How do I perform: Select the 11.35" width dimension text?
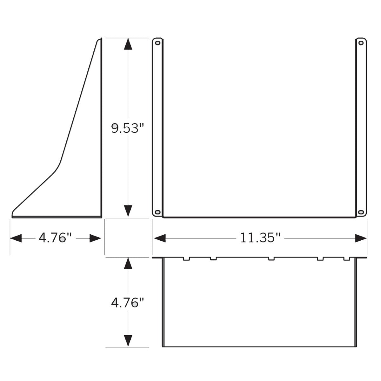[260, 238]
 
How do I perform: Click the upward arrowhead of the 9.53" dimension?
[128, 44]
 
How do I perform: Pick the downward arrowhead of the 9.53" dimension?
[128, 211]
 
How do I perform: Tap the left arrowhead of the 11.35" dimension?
[160, 238]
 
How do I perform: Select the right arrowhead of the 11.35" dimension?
[361, 238]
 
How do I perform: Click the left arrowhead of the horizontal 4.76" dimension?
[16, 238]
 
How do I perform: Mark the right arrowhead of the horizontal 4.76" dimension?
[96, 238]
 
